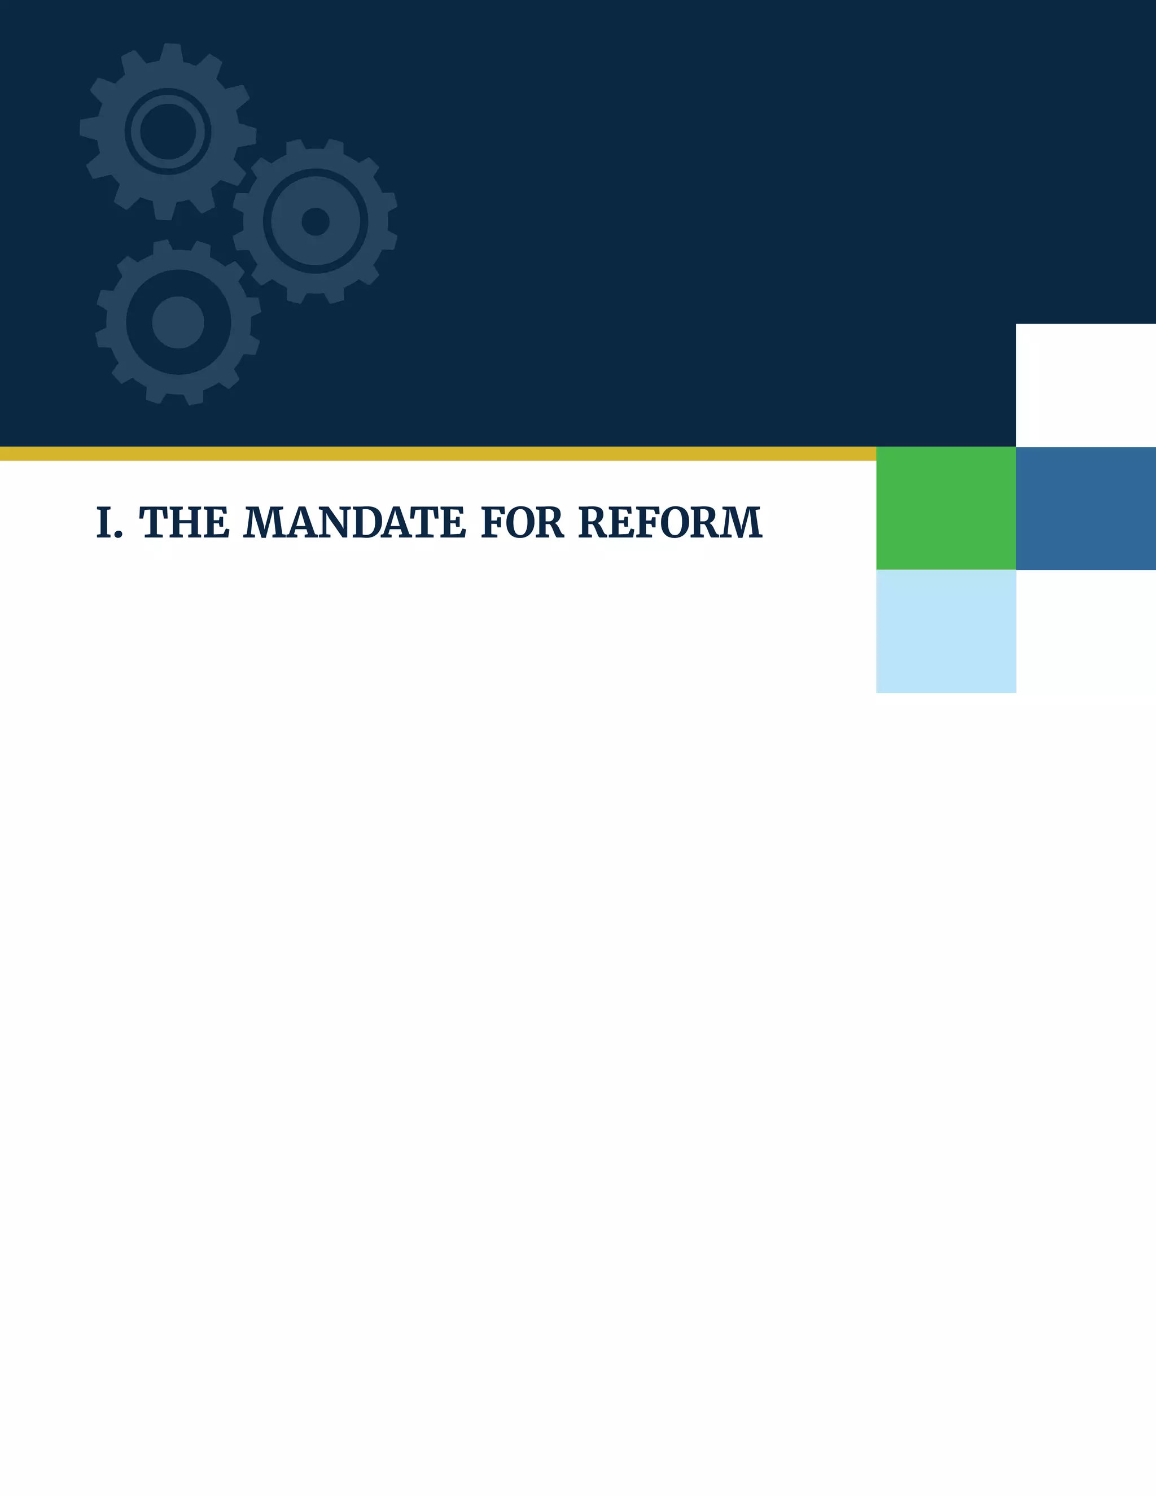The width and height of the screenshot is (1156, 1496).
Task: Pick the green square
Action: tap(946, 508)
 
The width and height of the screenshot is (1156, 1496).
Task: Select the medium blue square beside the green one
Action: tap(1085, 508)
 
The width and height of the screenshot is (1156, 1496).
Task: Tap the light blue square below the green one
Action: tap(946, 631)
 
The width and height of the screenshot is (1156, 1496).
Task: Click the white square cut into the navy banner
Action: tap(1085, 385)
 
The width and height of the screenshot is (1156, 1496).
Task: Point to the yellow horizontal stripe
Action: tap(438, 453)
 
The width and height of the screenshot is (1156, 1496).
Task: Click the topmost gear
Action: tap(168, 131)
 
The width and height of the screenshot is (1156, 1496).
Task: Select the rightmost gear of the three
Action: tap(315, 221)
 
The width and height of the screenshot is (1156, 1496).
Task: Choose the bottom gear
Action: tap(178, 322)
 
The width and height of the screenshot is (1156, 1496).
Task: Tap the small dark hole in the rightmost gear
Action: tap(315, 221)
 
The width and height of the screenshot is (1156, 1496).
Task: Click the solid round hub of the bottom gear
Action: tap(178, 322)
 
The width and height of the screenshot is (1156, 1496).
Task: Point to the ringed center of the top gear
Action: tap(168, 131)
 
